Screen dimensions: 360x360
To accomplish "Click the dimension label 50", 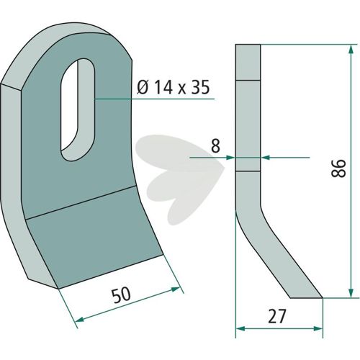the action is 122,294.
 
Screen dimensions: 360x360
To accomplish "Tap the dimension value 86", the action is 338,168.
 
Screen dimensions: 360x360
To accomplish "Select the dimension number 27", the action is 277,316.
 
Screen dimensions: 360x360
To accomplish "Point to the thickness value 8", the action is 215,145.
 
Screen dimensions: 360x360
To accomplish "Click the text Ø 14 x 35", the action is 174,87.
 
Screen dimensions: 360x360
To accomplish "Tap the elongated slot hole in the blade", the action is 78,109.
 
